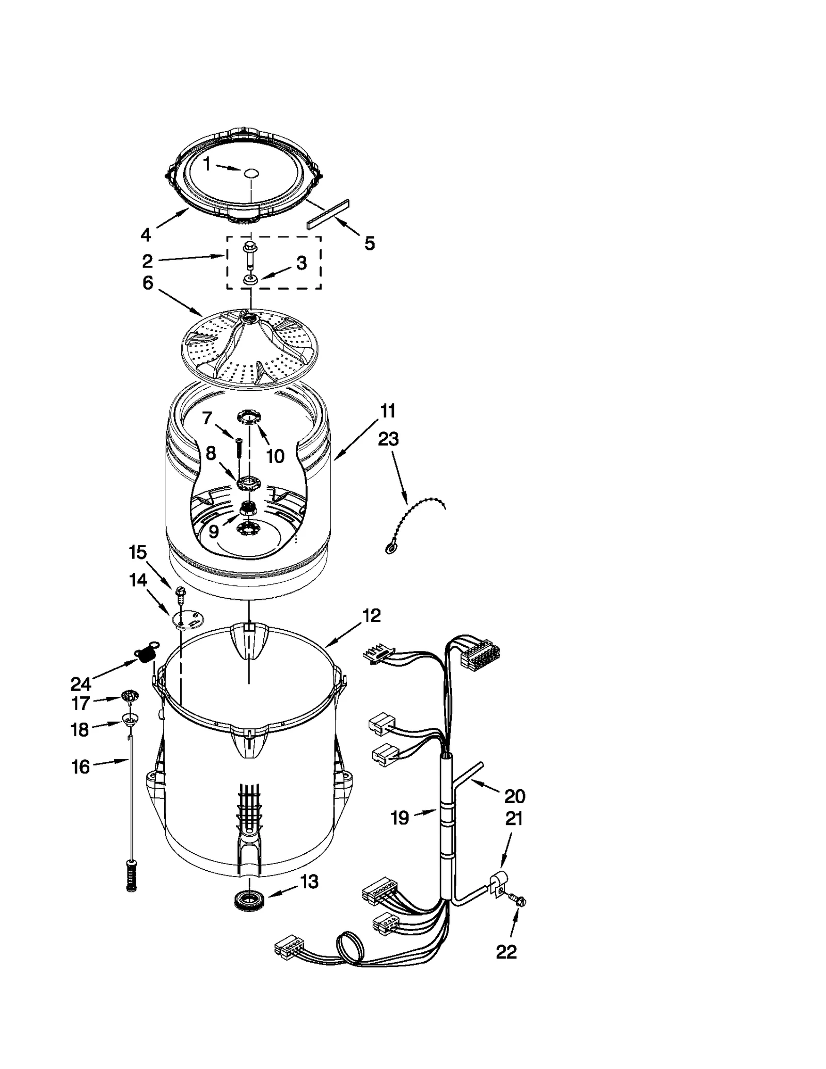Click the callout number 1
pos(206,165)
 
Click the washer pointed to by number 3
pos(250,279)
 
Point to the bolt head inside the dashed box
pos(249,248)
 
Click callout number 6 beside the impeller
pos(148,283)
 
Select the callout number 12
pos(371,615)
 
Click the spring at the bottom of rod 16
pos(132,874)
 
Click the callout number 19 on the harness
pos(400,818)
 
